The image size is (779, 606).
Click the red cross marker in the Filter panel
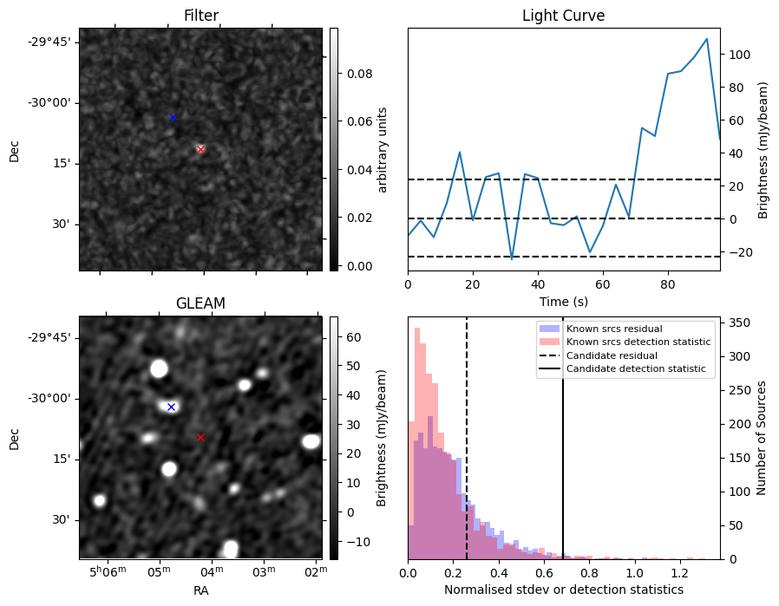tap(200, 149)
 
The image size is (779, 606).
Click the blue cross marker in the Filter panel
tap(173, 117)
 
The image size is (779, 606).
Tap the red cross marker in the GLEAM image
tap(200, 437)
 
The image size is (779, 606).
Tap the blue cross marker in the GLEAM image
tap(171, 407)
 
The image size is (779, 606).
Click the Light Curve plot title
tap(563, 16)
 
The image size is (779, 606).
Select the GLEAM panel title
tap(201, 303)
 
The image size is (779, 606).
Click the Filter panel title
tap(201, 16)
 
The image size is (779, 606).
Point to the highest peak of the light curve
tap(707, 39)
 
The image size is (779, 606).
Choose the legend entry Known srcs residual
tap(613, 329)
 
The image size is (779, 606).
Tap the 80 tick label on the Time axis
tap(668, 283)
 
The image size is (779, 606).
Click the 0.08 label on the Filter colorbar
tap(360, 75)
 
